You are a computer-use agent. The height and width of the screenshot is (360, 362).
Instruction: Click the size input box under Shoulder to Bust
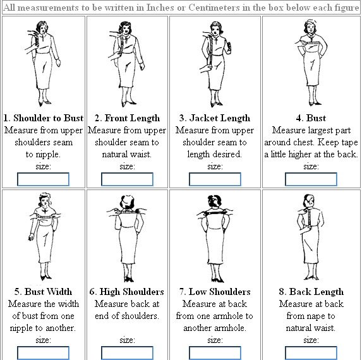43,179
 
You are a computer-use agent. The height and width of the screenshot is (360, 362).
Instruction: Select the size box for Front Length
127,179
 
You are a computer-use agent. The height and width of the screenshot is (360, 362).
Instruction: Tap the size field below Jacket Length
215,179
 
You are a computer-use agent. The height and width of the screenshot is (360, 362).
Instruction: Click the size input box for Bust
311,179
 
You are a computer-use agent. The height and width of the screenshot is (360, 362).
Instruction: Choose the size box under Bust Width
43,353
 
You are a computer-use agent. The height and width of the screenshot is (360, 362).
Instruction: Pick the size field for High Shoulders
127,353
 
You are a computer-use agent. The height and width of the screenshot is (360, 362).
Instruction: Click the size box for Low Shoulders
215,353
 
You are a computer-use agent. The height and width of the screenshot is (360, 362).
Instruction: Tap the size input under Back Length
311,353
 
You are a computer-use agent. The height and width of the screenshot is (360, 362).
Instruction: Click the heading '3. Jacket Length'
215,118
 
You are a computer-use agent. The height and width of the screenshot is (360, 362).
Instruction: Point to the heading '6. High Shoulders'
127,292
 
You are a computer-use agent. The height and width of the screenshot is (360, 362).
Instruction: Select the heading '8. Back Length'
311,292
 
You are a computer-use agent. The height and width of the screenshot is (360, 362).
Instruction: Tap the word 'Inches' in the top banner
160,8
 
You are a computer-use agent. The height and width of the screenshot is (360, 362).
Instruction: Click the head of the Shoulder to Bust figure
42,27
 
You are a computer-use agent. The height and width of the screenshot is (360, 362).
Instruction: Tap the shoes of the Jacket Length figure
216,104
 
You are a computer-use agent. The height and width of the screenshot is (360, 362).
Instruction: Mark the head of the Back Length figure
309,201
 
